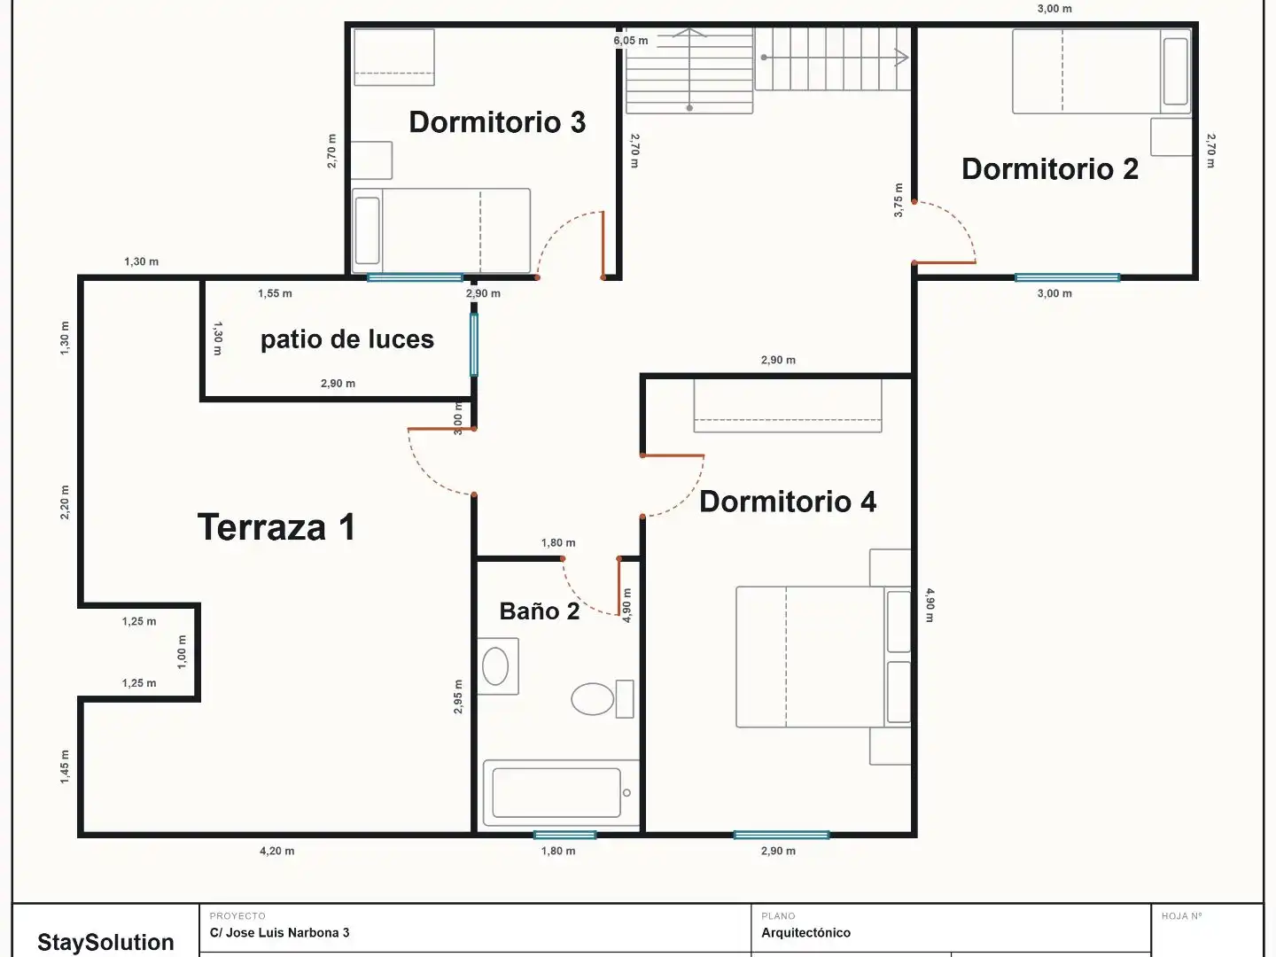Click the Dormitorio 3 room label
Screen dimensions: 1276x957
[497, 122]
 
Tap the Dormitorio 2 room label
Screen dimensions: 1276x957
[1050, 169]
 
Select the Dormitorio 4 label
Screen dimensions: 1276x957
[788, 502]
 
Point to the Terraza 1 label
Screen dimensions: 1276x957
[276, 527]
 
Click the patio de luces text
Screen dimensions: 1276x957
[347, 339]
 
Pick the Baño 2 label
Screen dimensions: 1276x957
[540, 611]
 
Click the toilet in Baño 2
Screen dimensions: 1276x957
[603, 698]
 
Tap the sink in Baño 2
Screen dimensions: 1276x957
[498, 665]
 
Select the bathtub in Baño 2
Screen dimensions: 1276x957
[561, 792]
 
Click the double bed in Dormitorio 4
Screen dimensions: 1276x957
[823, 657]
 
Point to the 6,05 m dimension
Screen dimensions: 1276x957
[631, 41]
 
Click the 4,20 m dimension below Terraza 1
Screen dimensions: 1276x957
[276, 851]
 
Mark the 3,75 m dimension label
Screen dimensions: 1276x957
[899, 200]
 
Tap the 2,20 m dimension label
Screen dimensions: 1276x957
[65, 502]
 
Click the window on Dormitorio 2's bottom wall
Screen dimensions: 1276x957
[1067, 277]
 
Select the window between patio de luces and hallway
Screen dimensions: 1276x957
[474, 345]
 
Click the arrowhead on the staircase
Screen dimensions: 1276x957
[902, 58]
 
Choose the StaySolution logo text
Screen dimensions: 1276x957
[105, 942]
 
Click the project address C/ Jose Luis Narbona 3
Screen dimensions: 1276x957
[280, 932]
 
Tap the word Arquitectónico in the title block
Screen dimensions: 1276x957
[805, 932]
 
